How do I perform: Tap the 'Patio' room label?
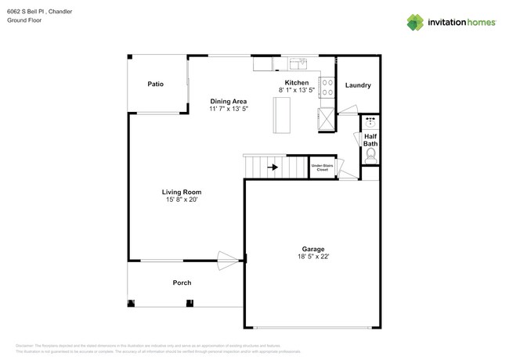point(156,84)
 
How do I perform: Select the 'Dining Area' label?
point(228,101)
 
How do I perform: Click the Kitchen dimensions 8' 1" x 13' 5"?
point(296,91)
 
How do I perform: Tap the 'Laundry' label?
point(357,85)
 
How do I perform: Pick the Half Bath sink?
point(370,122)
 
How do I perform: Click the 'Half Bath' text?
point(370,139)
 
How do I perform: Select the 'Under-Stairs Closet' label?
point(320,167)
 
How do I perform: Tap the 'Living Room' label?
point(182,192)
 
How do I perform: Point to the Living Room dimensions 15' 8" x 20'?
point(182,200)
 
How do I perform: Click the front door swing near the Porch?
point(229,261)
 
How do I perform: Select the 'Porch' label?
point(182,283)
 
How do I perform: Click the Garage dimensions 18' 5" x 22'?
point(313,257)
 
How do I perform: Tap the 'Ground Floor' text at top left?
point(24,20)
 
